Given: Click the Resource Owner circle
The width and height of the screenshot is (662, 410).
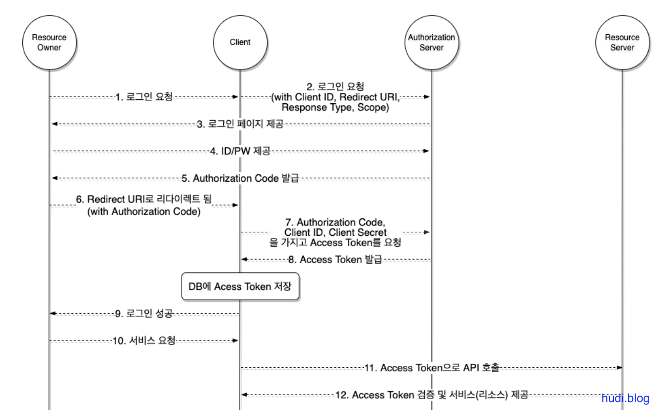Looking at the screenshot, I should tap(49, 43).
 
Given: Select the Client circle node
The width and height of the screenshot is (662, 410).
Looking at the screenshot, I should tap(240, 43).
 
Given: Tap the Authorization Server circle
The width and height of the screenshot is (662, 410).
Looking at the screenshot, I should tap(431, 43).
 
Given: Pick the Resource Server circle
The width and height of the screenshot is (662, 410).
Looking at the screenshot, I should tap(622, 43).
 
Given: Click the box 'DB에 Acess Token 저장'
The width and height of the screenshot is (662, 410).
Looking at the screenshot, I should tap(240, 286).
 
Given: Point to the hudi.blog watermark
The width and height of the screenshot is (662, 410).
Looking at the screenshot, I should tap(625, 398).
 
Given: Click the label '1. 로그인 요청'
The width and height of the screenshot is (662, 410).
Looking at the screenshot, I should tap(144, 97).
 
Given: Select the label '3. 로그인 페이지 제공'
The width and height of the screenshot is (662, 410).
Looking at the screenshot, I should tap(240, 124).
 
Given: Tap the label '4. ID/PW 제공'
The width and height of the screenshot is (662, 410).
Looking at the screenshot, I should tap(240, 151).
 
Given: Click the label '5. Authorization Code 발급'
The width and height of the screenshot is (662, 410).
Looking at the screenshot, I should tap(240, 178).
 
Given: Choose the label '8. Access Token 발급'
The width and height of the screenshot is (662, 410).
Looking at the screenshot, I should tap(336, 259).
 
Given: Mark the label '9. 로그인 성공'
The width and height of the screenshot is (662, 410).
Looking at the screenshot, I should tap(144, 313).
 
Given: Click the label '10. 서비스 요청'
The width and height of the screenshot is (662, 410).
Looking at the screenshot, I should tap(144, 341).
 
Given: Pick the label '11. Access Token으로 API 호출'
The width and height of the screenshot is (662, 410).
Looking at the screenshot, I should tap(432, 368).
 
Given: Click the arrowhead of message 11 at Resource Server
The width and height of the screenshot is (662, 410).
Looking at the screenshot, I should tap(619, 368).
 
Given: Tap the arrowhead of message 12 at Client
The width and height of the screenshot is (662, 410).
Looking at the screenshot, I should tap(244, 395).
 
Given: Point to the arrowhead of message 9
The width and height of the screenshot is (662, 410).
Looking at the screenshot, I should tap(53, 313).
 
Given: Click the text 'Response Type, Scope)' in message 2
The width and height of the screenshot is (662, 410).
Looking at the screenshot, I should tap(335, 108).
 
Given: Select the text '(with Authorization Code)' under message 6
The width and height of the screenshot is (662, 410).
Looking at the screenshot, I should tap(144, 212).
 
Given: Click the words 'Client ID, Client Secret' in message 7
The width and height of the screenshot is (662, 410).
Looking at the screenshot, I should tap(335, 232).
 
